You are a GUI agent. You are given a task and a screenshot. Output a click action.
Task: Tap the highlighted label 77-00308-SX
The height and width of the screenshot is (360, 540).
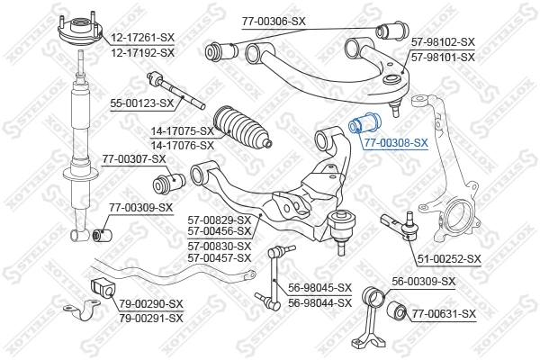(x=396, y=142)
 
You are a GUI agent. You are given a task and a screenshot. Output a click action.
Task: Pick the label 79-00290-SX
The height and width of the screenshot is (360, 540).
(x=150, y=303)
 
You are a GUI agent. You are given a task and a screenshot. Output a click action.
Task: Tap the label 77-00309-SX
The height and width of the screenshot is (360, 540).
(x=140, y=209)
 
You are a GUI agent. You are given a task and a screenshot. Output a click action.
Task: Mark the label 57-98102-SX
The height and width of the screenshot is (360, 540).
(x=442, y=42)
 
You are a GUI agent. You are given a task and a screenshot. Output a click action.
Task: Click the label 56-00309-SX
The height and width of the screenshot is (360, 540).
(x=424, y=282)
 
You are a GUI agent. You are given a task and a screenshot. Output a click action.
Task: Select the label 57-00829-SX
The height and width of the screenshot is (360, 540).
(x=219, y=219)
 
